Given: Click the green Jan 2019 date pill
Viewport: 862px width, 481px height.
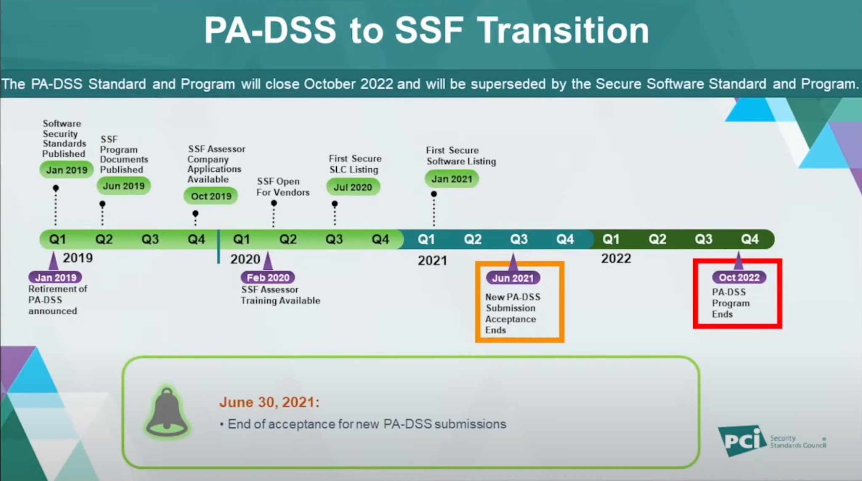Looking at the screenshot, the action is click(67, 170).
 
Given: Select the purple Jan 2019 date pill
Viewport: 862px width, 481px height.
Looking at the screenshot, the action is click(56, 278).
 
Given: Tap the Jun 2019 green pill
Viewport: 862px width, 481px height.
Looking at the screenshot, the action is click(124, 186).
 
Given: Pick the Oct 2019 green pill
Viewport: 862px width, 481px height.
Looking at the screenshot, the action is click(211, 196).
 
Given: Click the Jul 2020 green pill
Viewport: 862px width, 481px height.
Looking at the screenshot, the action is click(353, 187).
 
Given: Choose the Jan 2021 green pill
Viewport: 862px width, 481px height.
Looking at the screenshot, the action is click(452, 179).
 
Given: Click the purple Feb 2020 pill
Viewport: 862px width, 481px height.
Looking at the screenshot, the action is click(268, 278).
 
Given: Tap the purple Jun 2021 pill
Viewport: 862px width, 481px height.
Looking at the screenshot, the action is click(513, 278).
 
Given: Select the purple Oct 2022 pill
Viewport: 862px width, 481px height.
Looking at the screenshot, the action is click(739, 277).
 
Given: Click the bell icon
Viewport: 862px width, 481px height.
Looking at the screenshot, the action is click(167, 412).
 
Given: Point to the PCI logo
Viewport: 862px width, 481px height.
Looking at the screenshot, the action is click(772, 441).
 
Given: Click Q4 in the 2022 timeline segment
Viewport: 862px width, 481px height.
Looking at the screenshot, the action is click(750, 239).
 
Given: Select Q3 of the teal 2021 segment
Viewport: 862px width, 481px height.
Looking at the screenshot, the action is click(519, 239).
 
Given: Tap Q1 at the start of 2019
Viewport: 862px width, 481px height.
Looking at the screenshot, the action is click(58, 239).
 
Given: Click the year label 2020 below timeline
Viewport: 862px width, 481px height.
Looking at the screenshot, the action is click(245, 259).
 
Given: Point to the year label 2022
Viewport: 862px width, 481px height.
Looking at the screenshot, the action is click(616, 258).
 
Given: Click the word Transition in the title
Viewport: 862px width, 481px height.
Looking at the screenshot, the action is click(564, 30).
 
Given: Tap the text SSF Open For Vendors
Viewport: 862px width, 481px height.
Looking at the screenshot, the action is click(283, 187).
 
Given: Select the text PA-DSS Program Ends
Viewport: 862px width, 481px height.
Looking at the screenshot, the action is click(731, 303).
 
